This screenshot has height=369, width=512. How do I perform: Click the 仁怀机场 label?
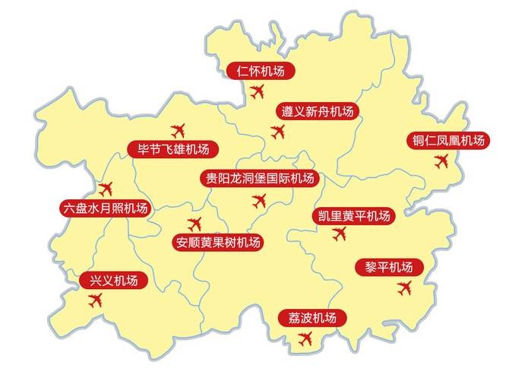[261, 72]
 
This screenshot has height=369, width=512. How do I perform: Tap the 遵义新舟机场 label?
[318, 111]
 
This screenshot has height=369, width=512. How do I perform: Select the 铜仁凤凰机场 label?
[447, 141]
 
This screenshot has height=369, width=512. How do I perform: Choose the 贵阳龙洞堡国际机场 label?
[259, 180]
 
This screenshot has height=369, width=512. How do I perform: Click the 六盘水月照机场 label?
[105, 208]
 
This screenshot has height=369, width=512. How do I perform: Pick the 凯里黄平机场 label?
[353, 216]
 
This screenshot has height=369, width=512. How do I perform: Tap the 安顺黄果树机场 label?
[217, 243]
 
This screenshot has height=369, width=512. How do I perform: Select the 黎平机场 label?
[388, 267]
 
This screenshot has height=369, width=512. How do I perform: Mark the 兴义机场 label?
[114, 281]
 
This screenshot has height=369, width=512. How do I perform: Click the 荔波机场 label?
[312, 318]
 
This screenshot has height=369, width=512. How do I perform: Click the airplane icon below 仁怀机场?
[257, 92]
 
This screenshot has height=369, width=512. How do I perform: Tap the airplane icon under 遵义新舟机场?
[279, 132]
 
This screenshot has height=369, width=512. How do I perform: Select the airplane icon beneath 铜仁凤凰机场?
[441, 161]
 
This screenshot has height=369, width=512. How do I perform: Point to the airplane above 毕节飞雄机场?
[179, 129]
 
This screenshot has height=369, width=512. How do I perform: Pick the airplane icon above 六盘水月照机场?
[106, 187]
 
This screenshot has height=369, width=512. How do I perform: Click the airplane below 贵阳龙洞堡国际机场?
[259, 201]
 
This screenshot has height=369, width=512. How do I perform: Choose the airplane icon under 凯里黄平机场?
[339, 234]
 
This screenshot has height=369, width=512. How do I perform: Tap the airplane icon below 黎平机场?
[404, 288]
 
